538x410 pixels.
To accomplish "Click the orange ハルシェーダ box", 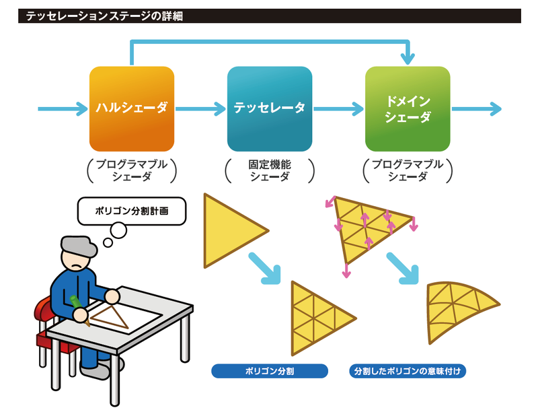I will (132, 108).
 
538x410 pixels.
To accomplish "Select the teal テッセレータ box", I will (270, 108).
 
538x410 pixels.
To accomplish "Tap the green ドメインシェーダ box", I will (408, 108).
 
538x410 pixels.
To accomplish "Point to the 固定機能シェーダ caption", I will (270, 170).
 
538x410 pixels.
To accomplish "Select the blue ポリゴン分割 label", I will (270, 370).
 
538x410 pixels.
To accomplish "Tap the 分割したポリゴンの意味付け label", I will (409, 370).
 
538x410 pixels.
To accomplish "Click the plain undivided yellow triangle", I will (229, 230).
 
